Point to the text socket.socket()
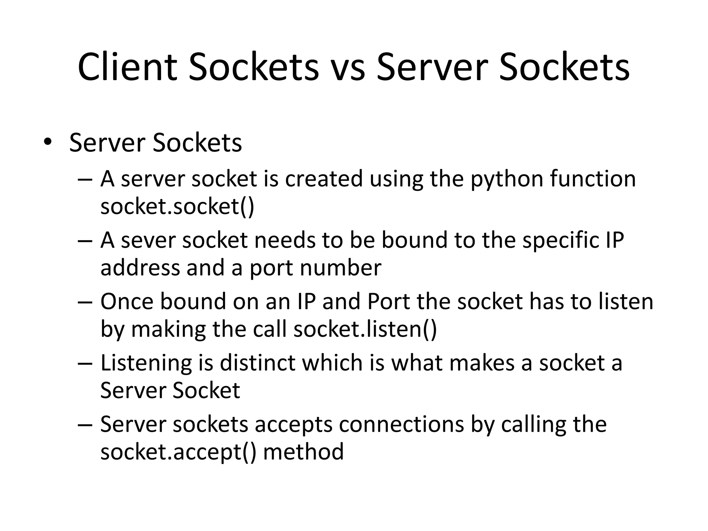click(x=177, y=206)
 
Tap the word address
click(x=140, y=268)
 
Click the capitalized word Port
click(x=388, y=301)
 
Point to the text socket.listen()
click(x=365, y=329)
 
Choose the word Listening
click(x=146, y=363)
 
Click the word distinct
click(x=257, y=363)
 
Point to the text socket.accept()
click(x=178, y=451)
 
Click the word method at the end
click(x=303, y=451)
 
